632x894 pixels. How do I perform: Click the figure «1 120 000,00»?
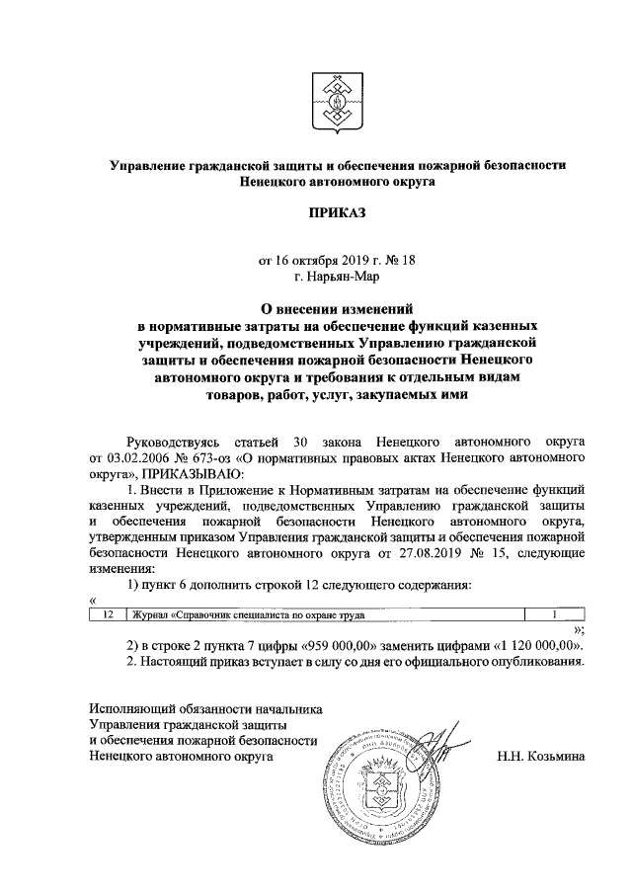coord(533,645)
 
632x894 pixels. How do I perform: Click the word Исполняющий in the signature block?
coord(125,708)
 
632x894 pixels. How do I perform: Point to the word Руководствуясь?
coord(176,442)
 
